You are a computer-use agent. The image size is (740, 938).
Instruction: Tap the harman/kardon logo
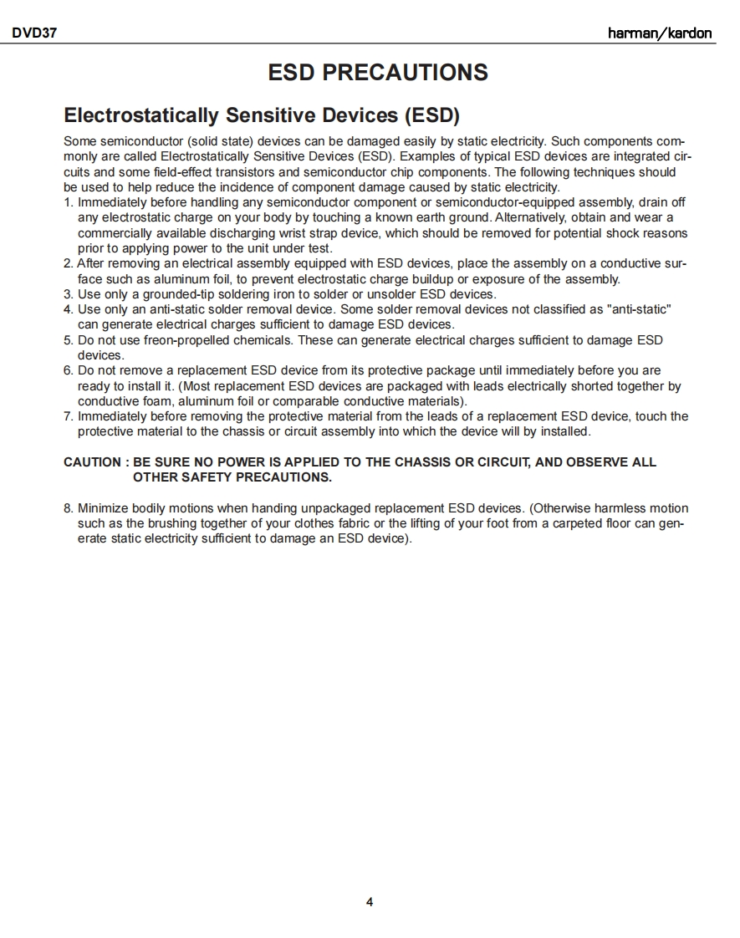coord(660,34)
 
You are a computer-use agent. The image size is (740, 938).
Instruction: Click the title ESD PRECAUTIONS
coord(378,73)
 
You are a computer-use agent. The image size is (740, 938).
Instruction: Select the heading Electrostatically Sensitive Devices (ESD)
coord(262,115)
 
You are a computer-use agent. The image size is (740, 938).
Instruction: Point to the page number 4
coord(370,902)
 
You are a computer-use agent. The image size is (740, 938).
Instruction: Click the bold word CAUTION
coord(92,462)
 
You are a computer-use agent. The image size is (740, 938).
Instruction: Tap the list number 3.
coord(68,294)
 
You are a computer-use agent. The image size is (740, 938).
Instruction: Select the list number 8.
coord(68,508)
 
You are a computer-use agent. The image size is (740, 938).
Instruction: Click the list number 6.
coord(68,370)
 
